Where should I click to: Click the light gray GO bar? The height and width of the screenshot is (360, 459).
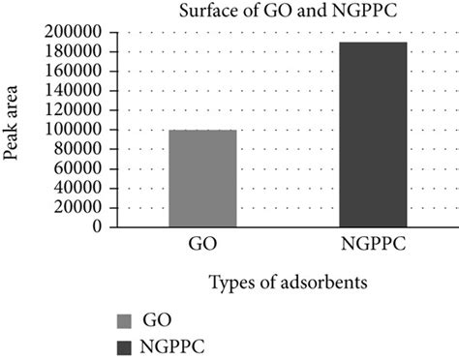(202, 178)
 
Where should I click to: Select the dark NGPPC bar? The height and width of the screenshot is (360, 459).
(373, 135)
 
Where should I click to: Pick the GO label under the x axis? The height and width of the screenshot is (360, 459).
(202, 243)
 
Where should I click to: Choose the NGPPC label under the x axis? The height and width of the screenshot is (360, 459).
(373, 243)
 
